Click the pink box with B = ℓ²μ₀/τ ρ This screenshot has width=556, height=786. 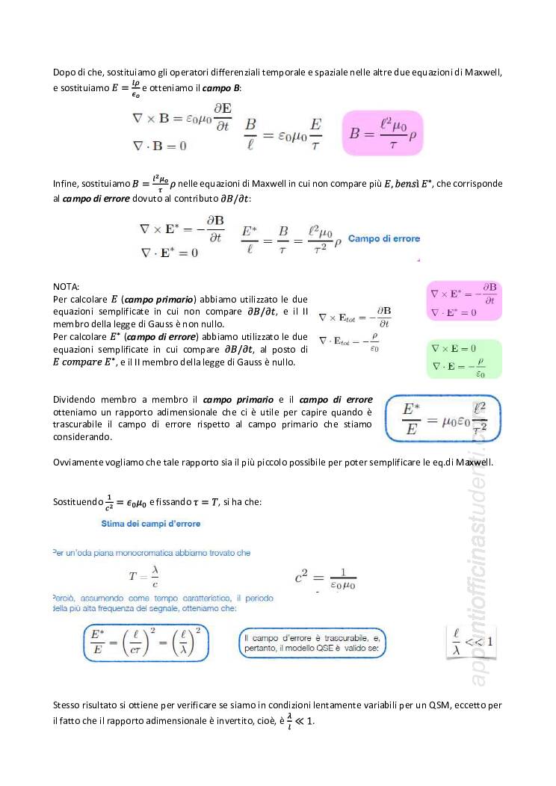(382, 133)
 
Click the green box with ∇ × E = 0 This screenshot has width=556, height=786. (463, 359)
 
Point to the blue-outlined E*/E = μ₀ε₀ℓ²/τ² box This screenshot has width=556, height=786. (443, 418)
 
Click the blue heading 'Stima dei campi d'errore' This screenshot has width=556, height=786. (151, 524)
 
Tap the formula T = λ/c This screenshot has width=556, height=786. (145, 577)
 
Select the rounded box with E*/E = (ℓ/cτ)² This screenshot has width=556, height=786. (146, 643)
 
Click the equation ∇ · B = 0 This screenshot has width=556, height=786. (159, 145)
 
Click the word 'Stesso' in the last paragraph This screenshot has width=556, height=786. (67, 705)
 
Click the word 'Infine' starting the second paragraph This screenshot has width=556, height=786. (66, 184)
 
